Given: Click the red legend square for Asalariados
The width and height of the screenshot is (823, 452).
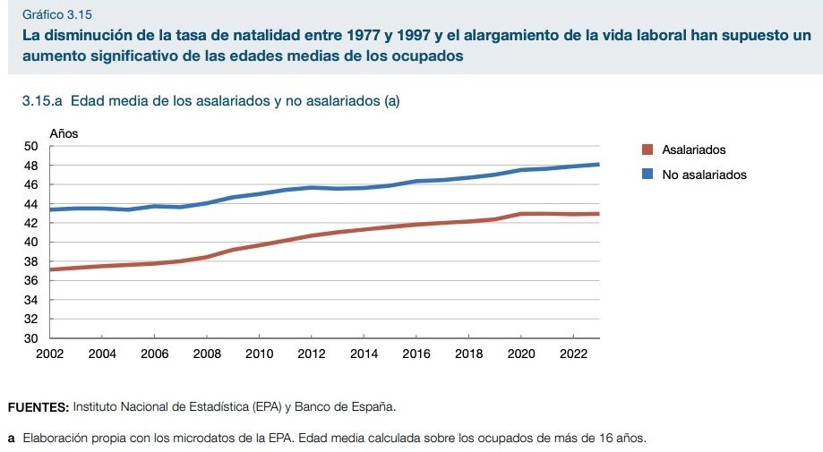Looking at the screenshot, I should coord(648,150).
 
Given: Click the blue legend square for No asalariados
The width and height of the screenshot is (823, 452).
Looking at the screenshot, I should coord(648,175).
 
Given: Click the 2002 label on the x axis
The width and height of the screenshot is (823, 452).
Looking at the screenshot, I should coord(49,354).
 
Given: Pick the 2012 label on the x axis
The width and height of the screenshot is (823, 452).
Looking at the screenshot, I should coord(312,354).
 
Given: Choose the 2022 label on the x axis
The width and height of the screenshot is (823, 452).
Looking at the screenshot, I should coord(573,354).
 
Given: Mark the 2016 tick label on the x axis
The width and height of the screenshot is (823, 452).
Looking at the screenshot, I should coord(416,354).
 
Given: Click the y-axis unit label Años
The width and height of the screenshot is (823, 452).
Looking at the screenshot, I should coord(64,133).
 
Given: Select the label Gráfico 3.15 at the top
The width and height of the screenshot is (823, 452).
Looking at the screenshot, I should coord(57,15).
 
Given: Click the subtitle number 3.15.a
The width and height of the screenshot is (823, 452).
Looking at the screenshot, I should coord(40,101).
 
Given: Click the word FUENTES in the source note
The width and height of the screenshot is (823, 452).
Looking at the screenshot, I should coord(38,407).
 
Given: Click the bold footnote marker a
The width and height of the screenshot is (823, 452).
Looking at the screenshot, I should coord(11,439).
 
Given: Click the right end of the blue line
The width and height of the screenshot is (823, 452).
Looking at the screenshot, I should coord(598,165).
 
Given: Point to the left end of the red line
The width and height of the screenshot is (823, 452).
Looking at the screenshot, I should coord(51,269).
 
